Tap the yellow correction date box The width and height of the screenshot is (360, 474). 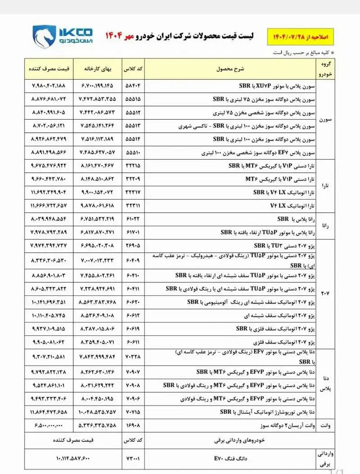coord(302,35)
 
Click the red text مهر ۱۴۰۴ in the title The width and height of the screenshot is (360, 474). coord(118,35)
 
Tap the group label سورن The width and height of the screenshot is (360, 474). coord(325,120)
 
